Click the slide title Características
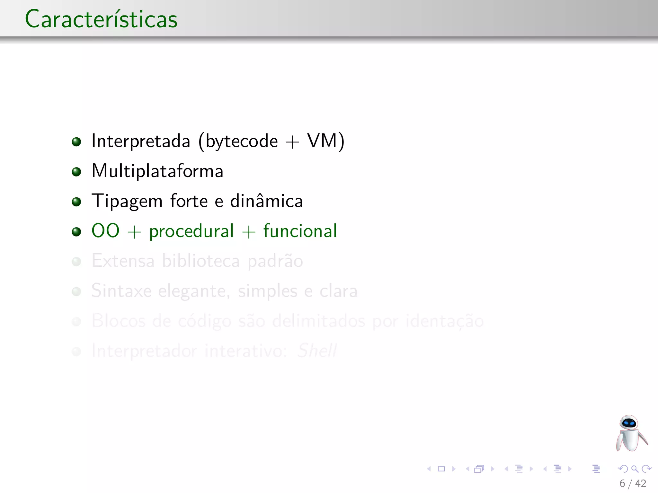[x=101, y=19]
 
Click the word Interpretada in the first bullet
[x=141, y=141]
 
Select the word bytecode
[x=242, y=141]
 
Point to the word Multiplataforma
[x=157, y=171]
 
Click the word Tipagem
[x=127, y=202]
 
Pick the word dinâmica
[x=266, y=201]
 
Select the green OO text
[x=105, y=231]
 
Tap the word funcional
[x=300, y=231]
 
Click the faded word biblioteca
[x=201, y=261]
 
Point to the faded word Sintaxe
[x=121, y=291]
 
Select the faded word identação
[x=444, y=321]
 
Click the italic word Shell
[x=317, y=350]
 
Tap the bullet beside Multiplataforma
[x=76, y=172]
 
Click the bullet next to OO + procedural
[x=76, y=231]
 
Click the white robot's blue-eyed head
[x=629, y=423]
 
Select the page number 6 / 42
[x=633, y=483]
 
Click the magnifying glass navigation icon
[x=635, y=469]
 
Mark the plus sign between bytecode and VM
[x=292, y=142]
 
